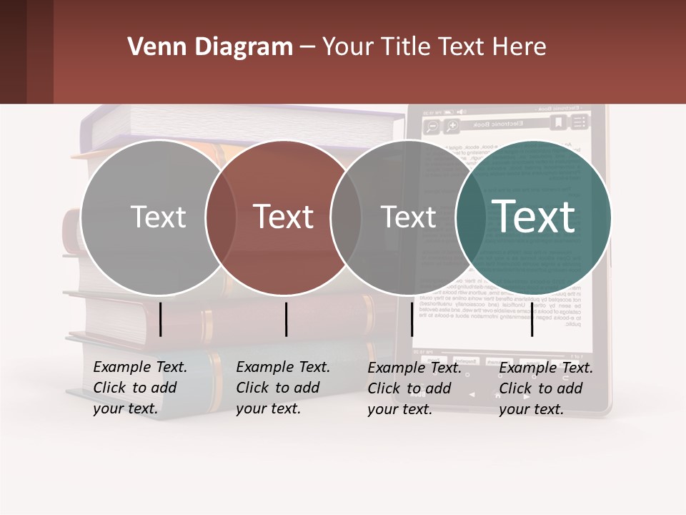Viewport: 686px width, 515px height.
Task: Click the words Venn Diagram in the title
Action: (x=210, y=47)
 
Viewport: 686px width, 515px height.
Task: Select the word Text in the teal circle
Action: (x=534, y=216)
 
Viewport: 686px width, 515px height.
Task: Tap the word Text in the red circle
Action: (x=284, y=217)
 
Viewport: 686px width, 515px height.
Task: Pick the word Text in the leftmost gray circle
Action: (x=158, y=217)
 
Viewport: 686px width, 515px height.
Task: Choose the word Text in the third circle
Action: (x=409, y=217)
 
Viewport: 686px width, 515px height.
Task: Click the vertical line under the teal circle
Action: (x=532, y=319)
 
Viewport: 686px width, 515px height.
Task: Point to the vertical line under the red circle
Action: (x=286, y=319)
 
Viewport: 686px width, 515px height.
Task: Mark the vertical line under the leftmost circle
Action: (x=161, y=319)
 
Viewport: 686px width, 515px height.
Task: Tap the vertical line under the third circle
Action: (x=412, y=319)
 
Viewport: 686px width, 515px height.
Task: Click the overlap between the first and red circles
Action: (x=221, y=217)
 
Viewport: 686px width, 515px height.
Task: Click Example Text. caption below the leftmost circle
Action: (x=140, y=367)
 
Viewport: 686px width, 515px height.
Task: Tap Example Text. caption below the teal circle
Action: (x=546, y=368)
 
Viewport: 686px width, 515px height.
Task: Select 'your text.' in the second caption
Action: (x=268, y=408)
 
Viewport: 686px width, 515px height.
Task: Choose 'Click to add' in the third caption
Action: (x=409, y=388)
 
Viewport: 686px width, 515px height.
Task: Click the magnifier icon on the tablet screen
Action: (x=432, y=127)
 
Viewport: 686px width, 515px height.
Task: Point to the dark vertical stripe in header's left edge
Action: (x=13, y=51)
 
